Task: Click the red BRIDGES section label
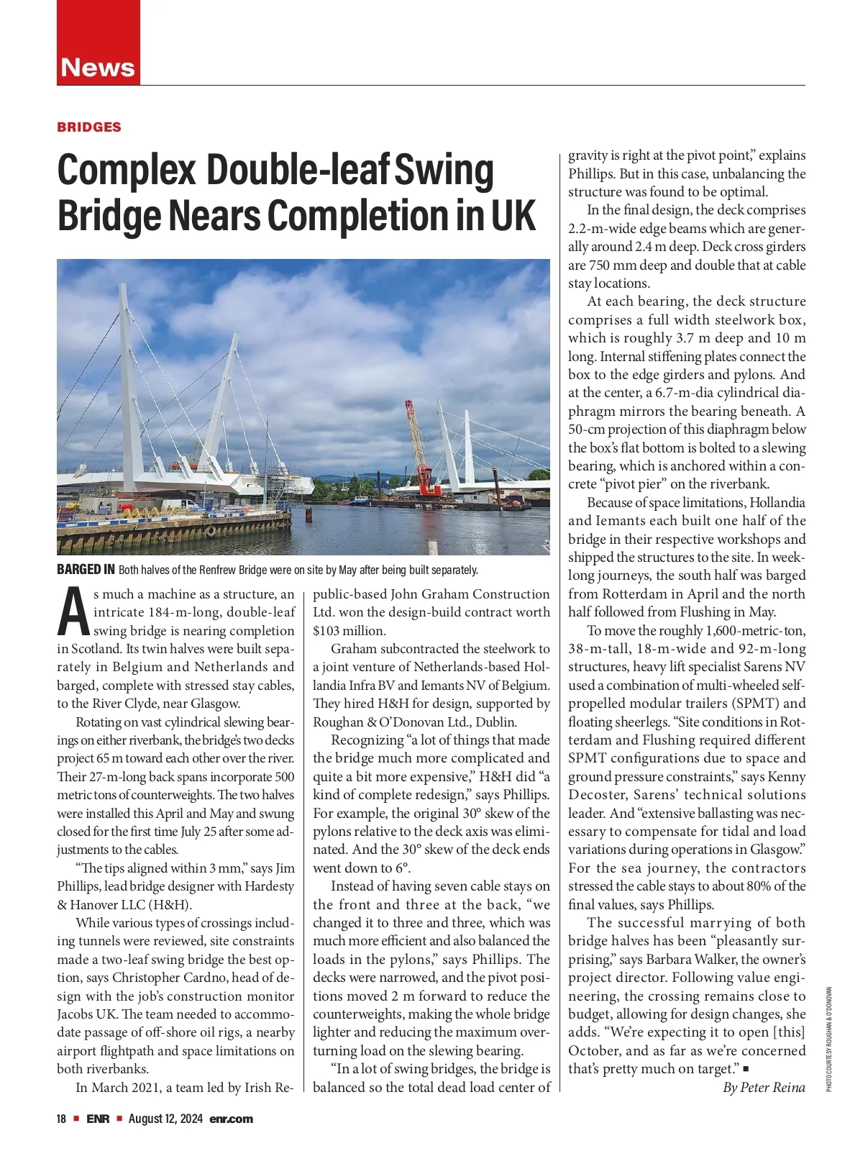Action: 89,127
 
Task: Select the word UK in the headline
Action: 513,215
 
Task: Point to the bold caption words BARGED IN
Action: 86,570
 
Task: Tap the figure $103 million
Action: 350,631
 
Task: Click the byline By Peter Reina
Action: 764,1087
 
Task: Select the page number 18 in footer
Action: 62,1119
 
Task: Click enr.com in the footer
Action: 232,1119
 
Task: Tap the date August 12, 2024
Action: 166,1119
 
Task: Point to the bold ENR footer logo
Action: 98,1119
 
